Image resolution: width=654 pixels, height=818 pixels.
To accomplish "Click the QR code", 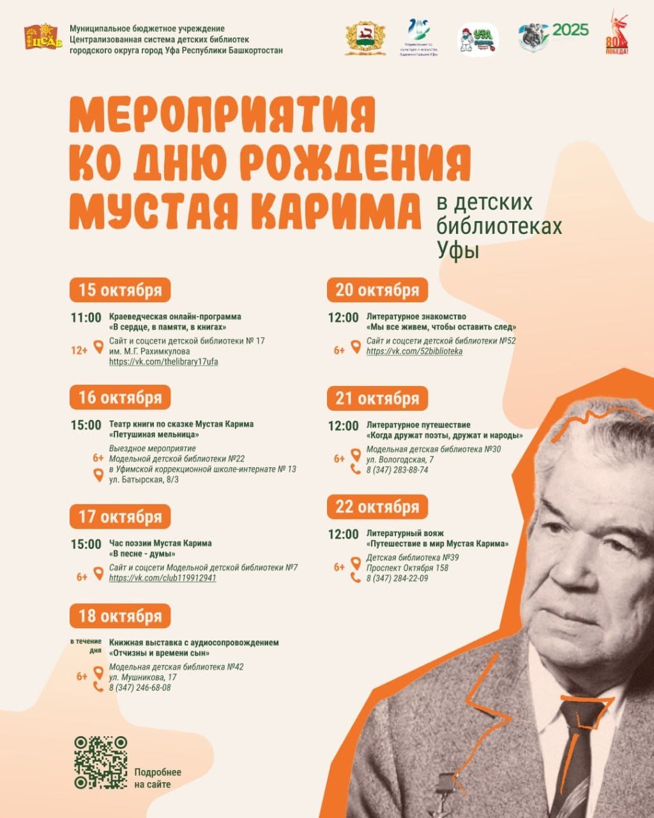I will [x=100, y=762].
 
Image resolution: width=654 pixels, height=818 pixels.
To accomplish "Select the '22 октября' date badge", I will [x=377, y=507].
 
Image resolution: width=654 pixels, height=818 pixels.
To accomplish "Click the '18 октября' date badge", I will [x=120, y=616].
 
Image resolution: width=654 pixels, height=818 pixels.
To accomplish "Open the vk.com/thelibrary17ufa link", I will [x=163, y=362].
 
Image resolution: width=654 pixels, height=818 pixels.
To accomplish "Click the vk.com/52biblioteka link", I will [x=414, y=351].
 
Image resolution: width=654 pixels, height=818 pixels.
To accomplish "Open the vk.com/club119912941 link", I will [x=163, y=578].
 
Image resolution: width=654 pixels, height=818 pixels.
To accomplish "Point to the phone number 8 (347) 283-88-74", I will [x=397, y=470].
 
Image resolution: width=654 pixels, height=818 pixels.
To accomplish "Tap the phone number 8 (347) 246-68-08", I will [x=140, y=688].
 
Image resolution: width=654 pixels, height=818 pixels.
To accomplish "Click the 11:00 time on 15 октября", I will [x=86, y=318].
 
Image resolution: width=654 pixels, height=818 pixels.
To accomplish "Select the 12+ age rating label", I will [x=79, y=350].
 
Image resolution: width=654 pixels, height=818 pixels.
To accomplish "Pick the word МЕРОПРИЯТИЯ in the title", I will [x=222, y=115].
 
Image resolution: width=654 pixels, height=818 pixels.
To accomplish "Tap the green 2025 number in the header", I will [x=570, y=30].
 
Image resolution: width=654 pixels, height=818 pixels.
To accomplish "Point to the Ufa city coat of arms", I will [x=365, y=39].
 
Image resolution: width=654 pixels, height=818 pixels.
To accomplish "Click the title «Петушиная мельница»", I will [x=155, y=435].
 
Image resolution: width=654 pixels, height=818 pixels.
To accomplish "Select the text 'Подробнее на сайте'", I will [x=158, y=778].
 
